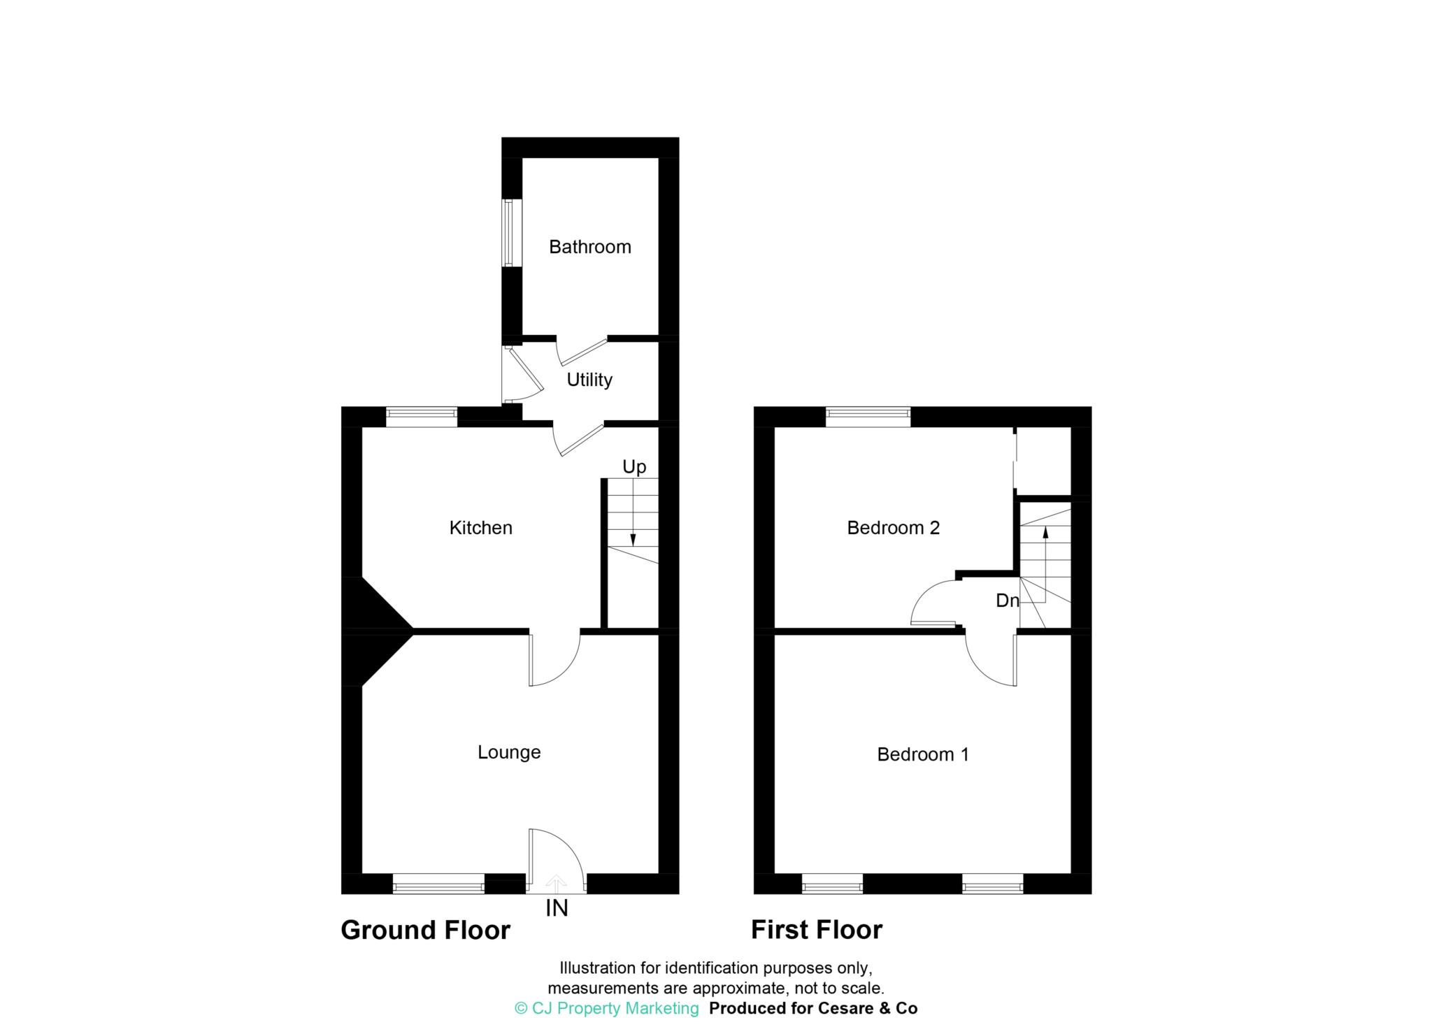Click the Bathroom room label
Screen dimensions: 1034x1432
(x=589, y=247)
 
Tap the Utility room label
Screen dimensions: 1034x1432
(x=589, y=380)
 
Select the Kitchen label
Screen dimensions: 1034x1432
(x=480, y=528)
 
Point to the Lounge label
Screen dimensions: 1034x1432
(x=509, y=752)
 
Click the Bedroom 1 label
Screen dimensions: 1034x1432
(x=923, y=754)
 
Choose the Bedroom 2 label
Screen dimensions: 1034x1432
(x=893, y=528)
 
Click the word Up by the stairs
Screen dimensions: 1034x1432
(x=634, y=467)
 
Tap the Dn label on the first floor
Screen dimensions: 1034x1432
(x=1007, y=601)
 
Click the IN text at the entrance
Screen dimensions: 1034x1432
(x=557, y=908)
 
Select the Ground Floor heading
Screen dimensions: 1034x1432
(x=425, y=930)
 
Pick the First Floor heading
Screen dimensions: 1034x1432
(x=816, y=930)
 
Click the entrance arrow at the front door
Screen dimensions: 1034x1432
(x=556, y=882)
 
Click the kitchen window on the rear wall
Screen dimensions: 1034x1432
(x=422, y=417)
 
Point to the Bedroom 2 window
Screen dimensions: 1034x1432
(x=868, y=417)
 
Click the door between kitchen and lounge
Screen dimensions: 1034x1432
(x=554, y=661)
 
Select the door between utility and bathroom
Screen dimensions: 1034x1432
(x=582, y=350)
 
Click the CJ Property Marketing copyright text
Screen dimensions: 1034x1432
(x=606, y=1008)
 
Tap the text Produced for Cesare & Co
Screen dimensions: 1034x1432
(x=813, y=1008)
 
